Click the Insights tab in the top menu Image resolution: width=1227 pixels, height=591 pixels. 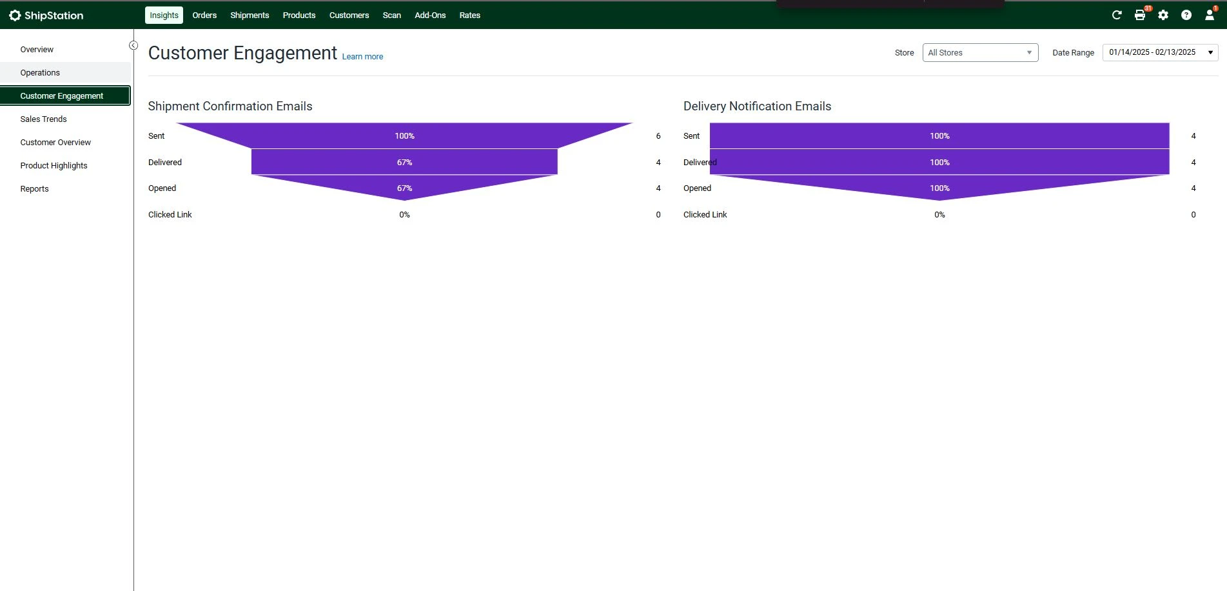pos(164,15)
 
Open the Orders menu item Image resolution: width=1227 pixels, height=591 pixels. pos(204,15)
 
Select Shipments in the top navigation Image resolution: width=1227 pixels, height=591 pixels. pos(250,15)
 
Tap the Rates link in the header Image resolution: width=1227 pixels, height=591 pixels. pos(469,15)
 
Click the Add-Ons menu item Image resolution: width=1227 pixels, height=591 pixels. pos(430,15)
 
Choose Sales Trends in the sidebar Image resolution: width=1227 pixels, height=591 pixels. pos(43,119)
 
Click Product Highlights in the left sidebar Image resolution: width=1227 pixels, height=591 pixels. pos(54,165)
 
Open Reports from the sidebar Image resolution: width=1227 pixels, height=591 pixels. pos(34,188)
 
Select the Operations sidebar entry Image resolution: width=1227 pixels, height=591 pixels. pos(40,72)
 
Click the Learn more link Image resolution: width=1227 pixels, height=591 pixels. pos(362,57)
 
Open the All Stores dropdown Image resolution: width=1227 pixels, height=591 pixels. pos(980,52)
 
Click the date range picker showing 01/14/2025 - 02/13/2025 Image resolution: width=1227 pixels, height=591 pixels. pos(1160,52)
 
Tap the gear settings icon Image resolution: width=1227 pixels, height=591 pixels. pos(1163,15)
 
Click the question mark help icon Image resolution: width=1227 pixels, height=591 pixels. pos(1186,15)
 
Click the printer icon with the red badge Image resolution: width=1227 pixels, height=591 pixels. pos(1140,15)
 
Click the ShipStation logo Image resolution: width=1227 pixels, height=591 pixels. pos(46,15)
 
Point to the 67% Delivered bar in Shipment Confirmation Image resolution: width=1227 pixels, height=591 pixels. pos(404,162)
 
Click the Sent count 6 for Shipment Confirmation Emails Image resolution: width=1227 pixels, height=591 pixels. pos(658,135)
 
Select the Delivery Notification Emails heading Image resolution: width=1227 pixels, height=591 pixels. pos(757,106)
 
